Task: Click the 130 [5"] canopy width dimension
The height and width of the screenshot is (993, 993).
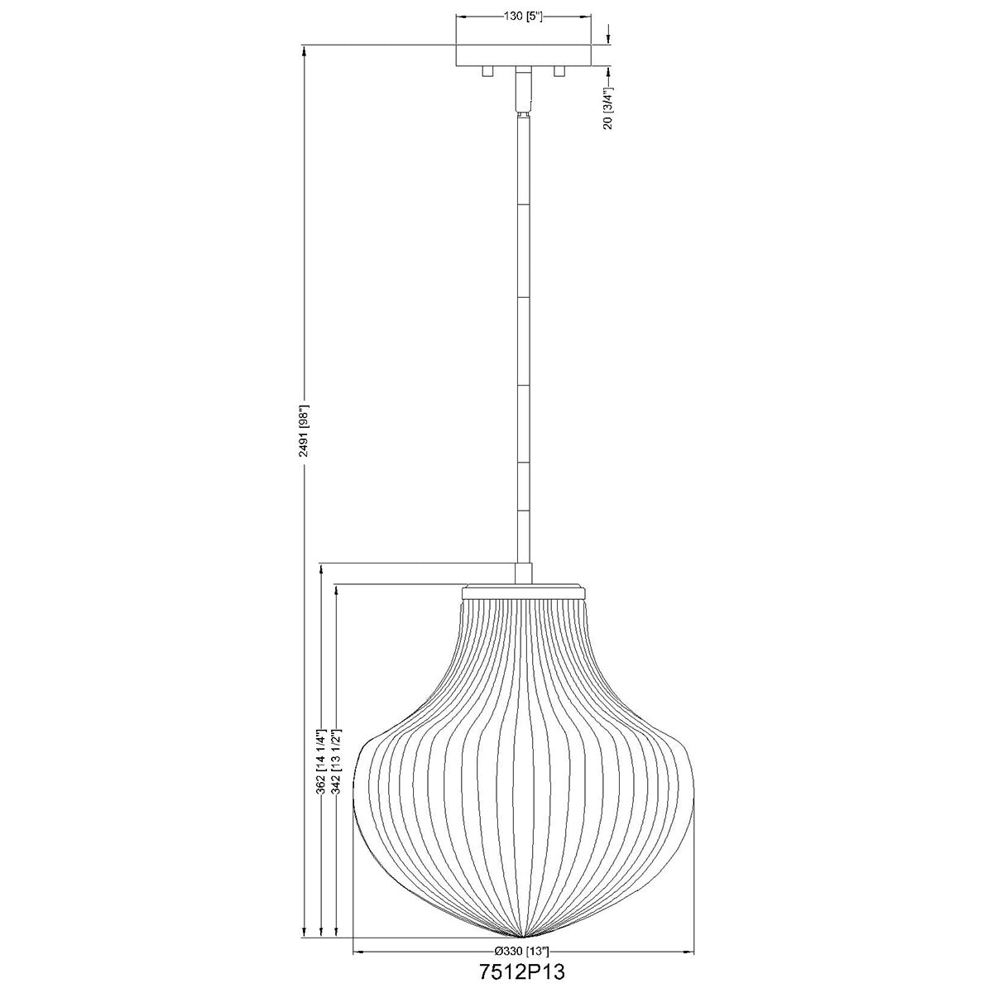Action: pos(524,17)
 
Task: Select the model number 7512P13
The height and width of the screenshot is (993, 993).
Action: pos(522,972)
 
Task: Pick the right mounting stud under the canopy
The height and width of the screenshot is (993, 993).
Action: pos(559,72)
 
